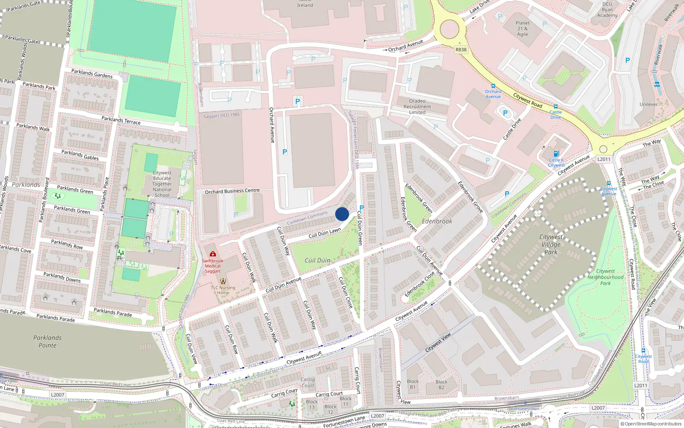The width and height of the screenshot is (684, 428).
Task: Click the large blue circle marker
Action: pyautogui.click(x=342, y=214)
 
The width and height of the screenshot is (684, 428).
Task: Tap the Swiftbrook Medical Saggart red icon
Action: pyautogui.click(x=213, y=254)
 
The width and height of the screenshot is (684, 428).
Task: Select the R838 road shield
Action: pyautogui.click(x=461, y=50)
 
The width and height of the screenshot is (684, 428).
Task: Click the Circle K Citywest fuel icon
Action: pyautogui.click(x=556, y=154)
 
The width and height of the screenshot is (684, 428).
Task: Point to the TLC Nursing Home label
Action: pyautogui.click(x=223, y=290)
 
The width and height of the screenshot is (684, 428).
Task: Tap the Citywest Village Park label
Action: pyautogui.click(x=551, y=244)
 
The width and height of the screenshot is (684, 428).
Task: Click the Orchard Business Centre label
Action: pyautogui.click(x=232, y=191)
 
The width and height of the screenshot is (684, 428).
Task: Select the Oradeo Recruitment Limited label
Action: pyautogui.click(x=417, y=107)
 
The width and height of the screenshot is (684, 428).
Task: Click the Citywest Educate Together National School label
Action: pyautogui.click(x=162, y=184)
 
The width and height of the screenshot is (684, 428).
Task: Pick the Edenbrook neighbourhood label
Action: pyautogui.click(x=437, y=221)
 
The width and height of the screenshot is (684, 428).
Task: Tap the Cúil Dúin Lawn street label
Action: pyautogui.click(x=325, y=232)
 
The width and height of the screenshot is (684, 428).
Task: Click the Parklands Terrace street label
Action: pyautogui.click(x=121, y=120)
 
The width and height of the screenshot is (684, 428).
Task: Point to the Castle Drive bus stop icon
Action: pyautogui.click(x=556, y=106)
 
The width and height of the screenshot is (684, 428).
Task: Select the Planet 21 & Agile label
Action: pyautogui.click(x=522, y=29)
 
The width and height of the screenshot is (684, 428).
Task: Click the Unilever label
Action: pyautogui.click(x=649, y=104)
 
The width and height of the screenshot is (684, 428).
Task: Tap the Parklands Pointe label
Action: pyautogui.click(x=47, y=342)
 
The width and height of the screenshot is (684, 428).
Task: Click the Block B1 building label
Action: pyautogui.click(x=413, y=384)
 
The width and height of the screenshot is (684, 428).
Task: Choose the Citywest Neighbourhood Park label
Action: pyautogui.click(x=605, y=277)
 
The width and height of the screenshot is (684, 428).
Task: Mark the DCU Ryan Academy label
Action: pyautogui.click(x=607, y=9)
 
